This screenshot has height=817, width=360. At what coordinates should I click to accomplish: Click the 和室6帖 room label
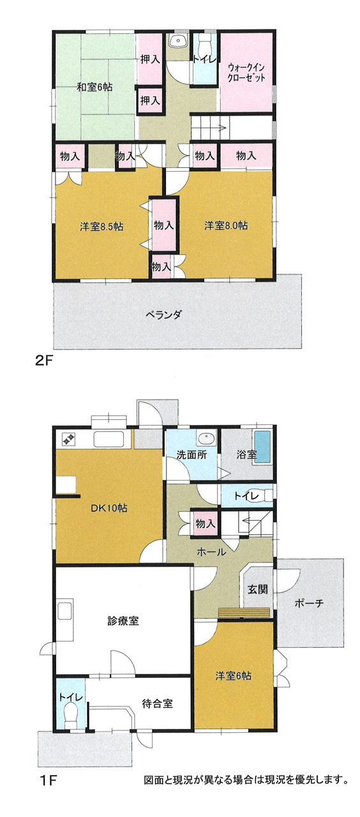click(94, 87)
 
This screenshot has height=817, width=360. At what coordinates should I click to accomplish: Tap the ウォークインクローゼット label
click(246, 73)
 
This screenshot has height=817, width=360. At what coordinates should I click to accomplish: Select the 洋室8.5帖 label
click(101, 227)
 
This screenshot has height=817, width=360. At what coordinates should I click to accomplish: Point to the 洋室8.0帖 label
click(226, 225)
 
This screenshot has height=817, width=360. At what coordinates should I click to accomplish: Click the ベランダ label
click(163, 314)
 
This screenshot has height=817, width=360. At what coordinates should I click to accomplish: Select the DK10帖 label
click(109, 507)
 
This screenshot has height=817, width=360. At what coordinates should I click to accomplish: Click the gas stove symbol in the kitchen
click(69, 438)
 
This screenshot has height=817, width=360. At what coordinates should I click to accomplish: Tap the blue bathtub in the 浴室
click(262, 447)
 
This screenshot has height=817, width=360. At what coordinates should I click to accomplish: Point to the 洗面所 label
click(191, 455)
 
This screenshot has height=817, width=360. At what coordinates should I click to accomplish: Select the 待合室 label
click(157, 703)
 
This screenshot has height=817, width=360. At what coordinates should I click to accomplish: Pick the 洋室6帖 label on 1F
click(233, 676)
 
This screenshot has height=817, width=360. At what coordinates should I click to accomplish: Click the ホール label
click(211, 552)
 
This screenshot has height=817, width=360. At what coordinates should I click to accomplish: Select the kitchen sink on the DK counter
click(109, 438)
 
